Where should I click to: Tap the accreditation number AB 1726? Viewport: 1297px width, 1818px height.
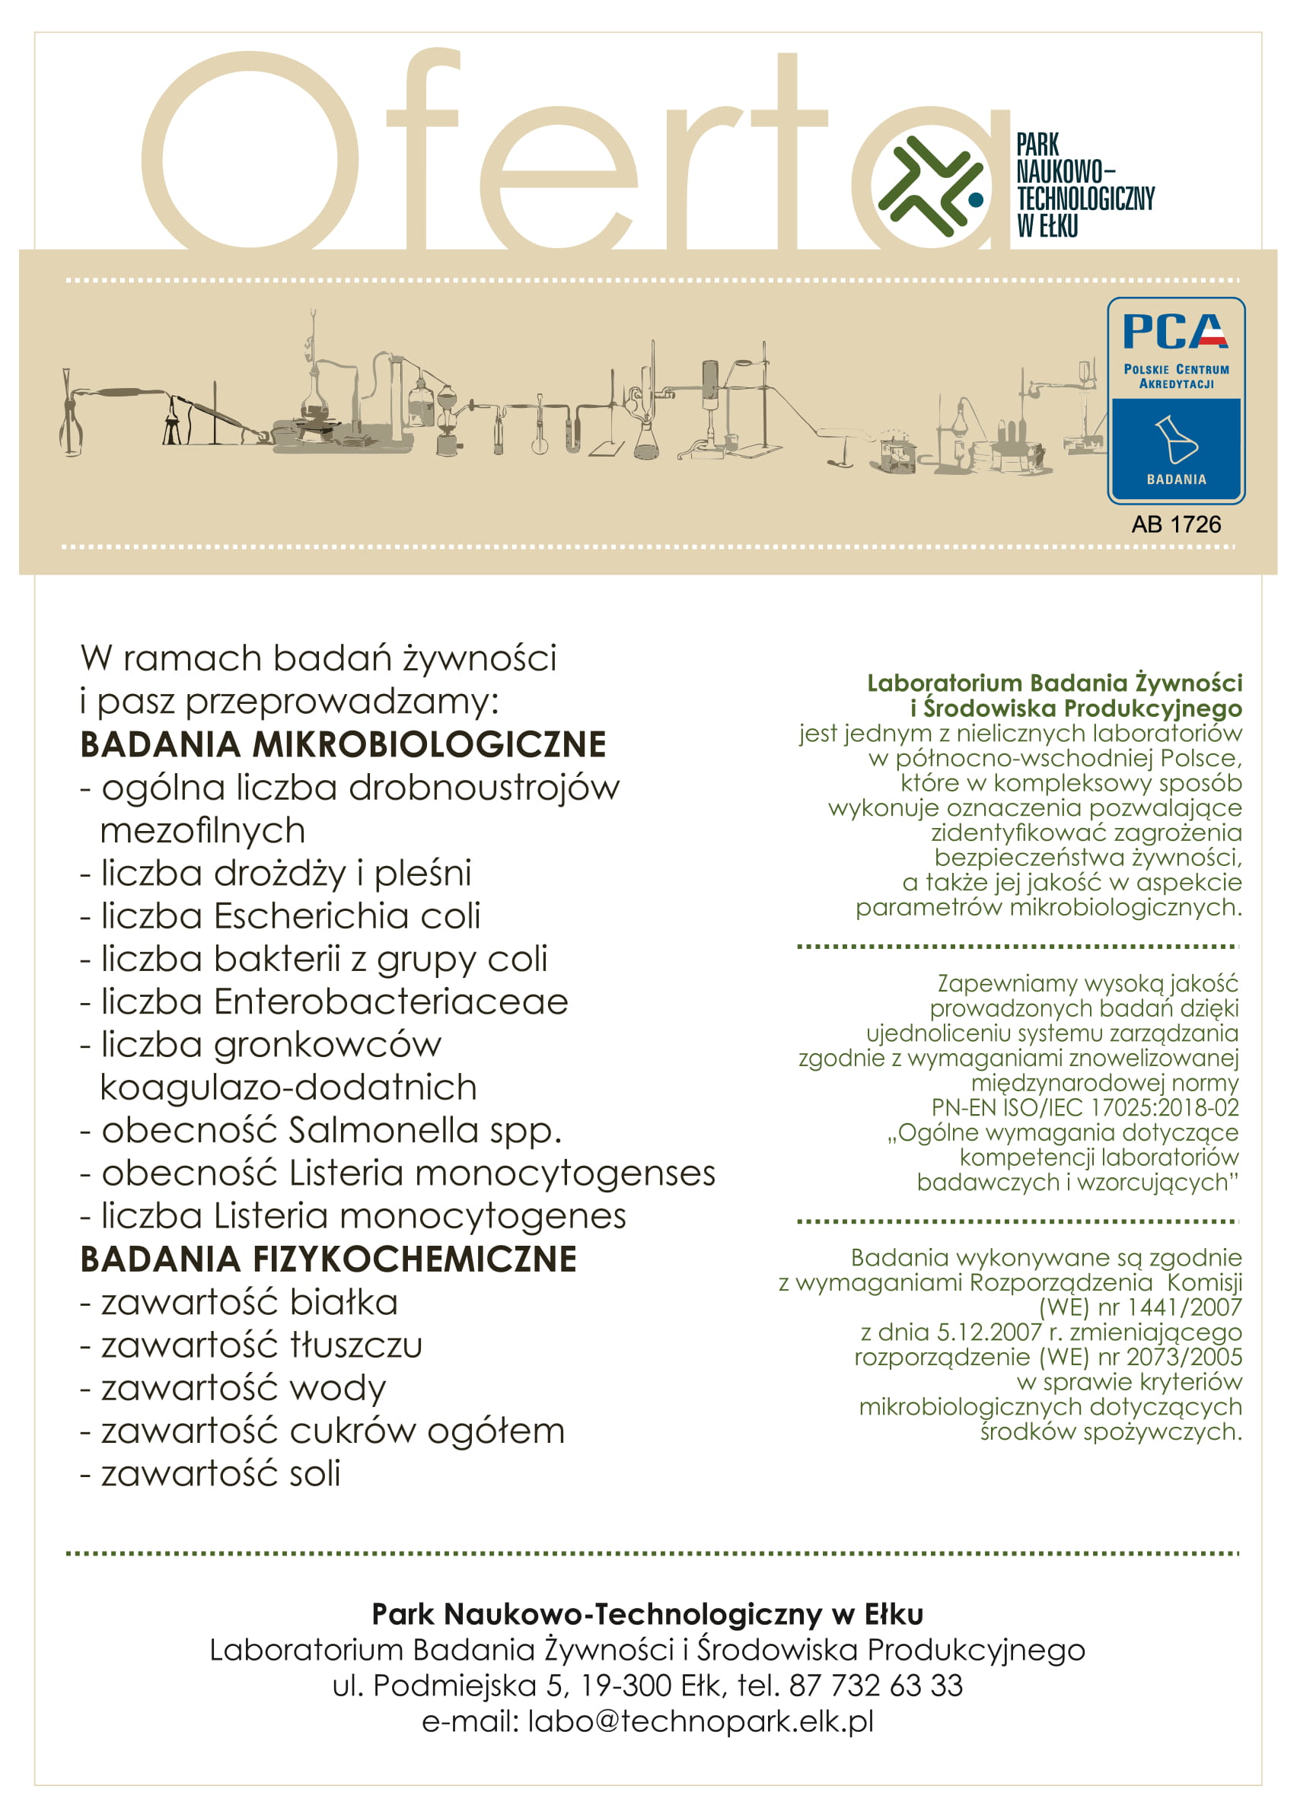(x=1176, y=524)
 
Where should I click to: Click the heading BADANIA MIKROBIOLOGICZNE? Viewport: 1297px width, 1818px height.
(x=343, y=745)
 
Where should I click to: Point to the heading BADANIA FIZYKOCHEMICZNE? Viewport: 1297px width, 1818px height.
(x=328, y=1260)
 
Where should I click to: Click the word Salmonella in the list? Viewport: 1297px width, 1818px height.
(x=383, y=1131)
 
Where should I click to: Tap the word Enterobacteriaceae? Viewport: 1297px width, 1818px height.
(x=390, y=1002)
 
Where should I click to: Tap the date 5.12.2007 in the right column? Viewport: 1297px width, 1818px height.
(x=989, y=1332)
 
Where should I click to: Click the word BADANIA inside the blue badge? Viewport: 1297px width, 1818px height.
(x=1176, y=479)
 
